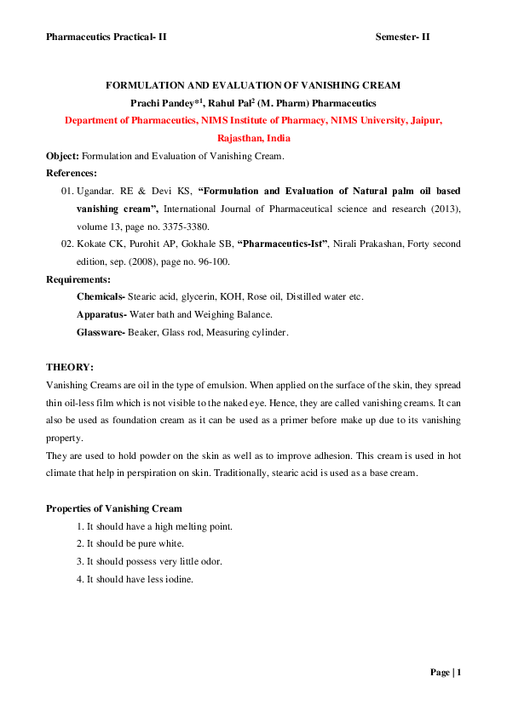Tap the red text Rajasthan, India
point(253,137)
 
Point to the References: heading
point(72,173)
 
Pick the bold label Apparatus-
point(101,314)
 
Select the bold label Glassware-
point(101,332)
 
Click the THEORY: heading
point(69,367)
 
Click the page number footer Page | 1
point(445,673)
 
